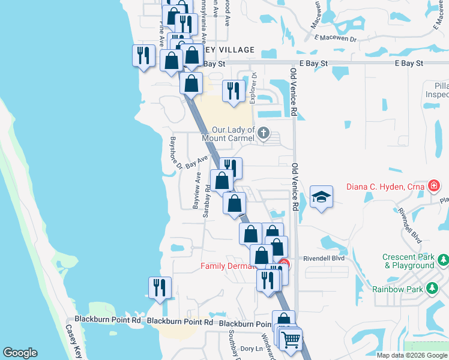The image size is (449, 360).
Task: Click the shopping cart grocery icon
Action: (291, 340)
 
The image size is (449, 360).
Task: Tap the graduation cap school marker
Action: (321, 197)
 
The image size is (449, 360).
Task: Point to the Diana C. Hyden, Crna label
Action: (385, 186)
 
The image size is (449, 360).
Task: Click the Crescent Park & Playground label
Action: (408, 261)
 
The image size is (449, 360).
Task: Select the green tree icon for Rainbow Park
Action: (432, 289)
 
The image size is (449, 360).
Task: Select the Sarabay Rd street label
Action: (207, 200)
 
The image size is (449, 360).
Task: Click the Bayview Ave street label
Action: (196, 191)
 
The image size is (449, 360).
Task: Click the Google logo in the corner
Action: (20, 353)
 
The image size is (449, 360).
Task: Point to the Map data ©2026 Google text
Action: (412, 355)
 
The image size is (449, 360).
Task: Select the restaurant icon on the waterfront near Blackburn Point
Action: (160, 287)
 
